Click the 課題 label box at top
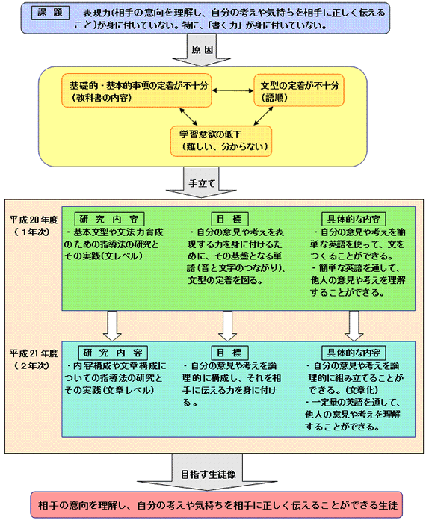(50, 13)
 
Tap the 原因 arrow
(202, 50)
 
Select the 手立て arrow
(201, 182)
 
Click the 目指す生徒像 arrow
(207, 472)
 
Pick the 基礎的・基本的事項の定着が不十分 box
(137, 90)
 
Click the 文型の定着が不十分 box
(299, 90)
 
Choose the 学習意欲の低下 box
(221, 141)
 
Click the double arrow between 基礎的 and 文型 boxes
(233, 90)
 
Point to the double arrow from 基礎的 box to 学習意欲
(188, 117)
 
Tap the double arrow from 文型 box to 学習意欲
(264, 116)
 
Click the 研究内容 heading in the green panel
(109, 219)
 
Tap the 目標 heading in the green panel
(230, 219)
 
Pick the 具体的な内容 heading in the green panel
(354, 219)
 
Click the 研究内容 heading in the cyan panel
(114, 353)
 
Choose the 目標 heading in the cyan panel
(230, 353)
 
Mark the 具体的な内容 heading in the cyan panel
(354, 353)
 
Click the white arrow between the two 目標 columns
(227, 326)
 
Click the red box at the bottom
(217, 505)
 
